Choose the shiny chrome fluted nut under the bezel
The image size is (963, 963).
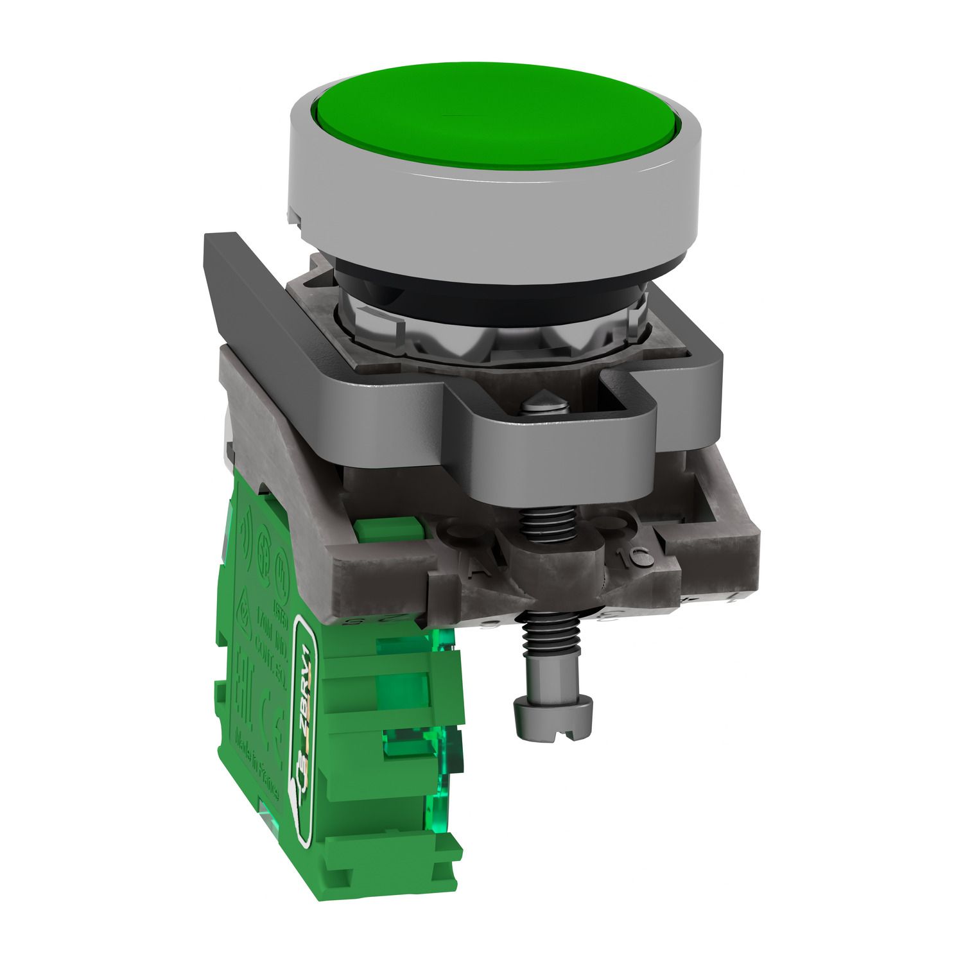(488, 334)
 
